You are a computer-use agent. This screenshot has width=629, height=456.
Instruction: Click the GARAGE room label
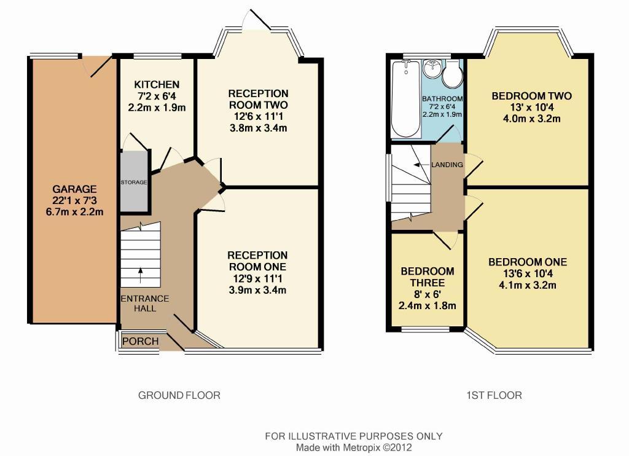tap(74, 189)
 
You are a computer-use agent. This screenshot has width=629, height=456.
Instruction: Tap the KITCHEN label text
tap(157, 84)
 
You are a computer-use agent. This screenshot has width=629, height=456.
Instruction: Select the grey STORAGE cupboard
tap(134, 181)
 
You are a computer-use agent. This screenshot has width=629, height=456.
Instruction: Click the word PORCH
tap(141, 341)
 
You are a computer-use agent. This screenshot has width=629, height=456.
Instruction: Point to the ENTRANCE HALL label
tap(145, 304)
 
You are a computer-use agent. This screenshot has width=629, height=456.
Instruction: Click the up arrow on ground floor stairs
tap(141, 276)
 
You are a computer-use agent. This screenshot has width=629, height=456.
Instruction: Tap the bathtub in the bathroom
tap(406, 99)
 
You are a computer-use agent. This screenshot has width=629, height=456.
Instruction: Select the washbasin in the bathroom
tap(432, 69)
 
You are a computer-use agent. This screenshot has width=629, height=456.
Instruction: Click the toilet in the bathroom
tap(453, 74)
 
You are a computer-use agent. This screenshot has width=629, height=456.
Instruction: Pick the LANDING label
tap(447, 165)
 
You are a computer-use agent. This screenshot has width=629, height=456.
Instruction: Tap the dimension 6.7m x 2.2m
tap(74, 211)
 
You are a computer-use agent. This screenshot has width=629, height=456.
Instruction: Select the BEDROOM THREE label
tap(428, 277)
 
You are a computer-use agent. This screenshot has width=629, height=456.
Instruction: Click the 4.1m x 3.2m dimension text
tap(528, 285)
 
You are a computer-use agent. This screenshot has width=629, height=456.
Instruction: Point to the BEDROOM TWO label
tap(532, 96)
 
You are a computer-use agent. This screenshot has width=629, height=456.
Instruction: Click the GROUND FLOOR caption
tap(179, 395)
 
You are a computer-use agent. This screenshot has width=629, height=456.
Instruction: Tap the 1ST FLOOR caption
tap(494, 395)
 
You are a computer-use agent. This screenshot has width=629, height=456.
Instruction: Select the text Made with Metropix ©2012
tap(354, 447)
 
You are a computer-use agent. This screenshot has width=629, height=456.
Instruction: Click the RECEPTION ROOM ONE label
tap(257, 261)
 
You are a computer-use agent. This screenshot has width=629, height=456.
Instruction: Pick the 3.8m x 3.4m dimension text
tap(258, 128)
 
